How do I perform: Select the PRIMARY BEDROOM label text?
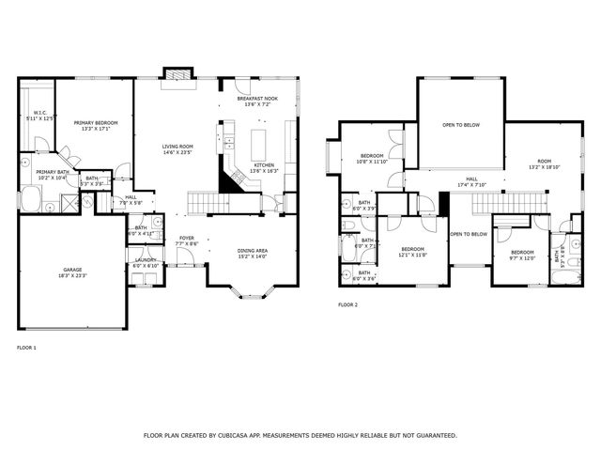pos(96,123)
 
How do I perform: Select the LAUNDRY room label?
pos(145,262)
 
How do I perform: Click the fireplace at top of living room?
pos(177,73)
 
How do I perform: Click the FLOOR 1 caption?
pos(26,348)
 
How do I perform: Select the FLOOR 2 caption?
pos(347,304)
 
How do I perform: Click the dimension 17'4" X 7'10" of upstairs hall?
pos(471,184)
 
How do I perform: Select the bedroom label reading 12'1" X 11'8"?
pos(413,252)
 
